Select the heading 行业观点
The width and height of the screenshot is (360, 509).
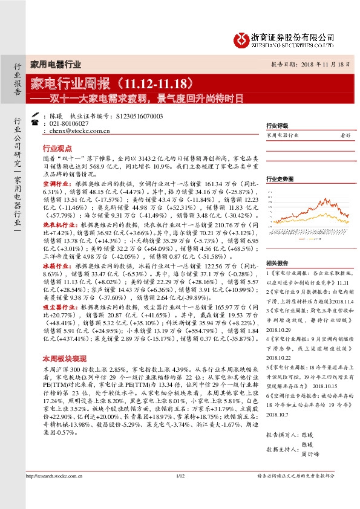coord(57,148)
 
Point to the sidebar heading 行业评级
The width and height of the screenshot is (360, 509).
coord(278,126)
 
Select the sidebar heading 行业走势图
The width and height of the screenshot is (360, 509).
coord(280,180)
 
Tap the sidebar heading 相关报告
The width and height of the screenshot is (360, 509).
coord(278,262)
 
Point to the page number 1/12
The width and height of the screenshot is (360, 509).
coord(180,494)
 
